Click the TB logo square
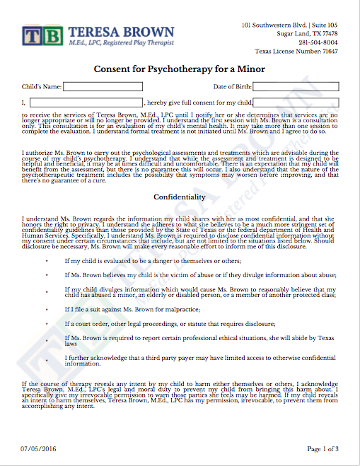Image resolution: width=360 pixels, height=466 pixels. click(x=32, y=36)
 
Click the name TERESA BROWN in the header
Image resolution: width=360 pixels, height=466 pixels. click(x=121, y=32)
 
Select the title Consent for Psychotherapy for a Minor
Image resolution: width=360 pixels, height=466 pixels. click(x=180, y=69)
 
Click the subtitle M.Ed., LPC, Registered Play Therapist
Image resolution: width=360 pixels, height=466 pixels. click(x=121, y=44)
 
